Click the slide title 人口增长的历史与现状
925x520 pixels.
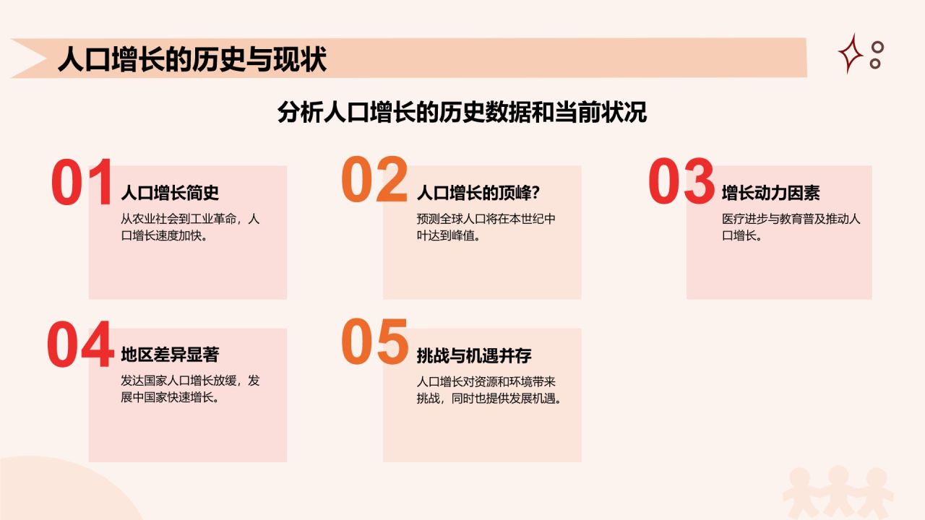[x=192, y=59]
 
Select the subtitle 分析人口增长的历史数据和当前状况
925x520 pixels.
[x=462, y=113]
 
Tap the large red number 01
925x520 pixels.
[x=82, y=182]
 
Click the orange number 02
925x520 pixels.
[x=374, y=180]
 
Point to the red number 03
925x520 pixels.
[x=681, y=181]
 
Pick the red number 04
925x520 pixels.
[x=80, y=344]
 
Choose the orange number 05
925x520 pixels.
[x=374, y=342]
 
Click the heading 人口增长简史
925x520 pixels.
[x=170, y=193]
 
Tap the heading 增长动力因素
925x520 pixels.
[x=770, y=193]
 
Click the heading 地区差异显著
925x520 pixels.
[x=170, y=355]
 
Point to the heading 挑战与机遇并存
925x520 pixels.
[x=474, y=355]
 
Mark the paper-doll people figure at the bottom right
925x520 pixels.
[x=838, y=491]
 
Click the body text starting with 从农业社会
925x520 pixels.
[x=190, y=227]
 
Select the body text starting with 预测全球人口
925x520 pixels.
[x=486, y=227]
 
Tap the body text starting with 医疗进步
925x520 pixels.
[x=791, y=227]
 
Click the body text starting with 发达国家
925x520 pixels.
[x=190, y=389]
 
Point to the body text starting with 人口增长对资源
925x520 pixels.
[x=489, y=389]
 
